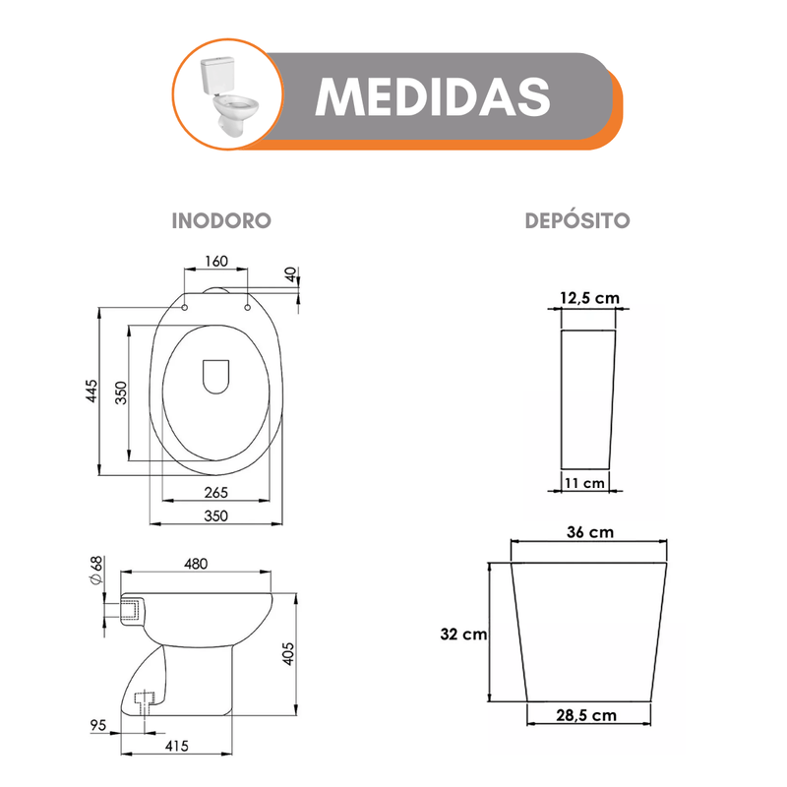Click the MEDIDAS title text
click(x=433, y=96)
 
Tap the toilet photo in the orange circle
click(x=229, y=96)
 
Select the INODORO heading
click(x=221, y=220)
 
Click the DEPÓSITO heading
click(x=577, y=220)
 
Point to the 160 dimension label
click(x=216, y=261)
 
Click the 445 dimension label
click(x=91, y=391)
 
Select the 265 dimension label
click(x=215, y=493)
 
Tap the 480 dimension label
click(x=196, y=564)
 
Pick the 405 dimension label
click(x=288, y=654)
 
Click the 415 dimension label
click(x=177, y=746)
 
